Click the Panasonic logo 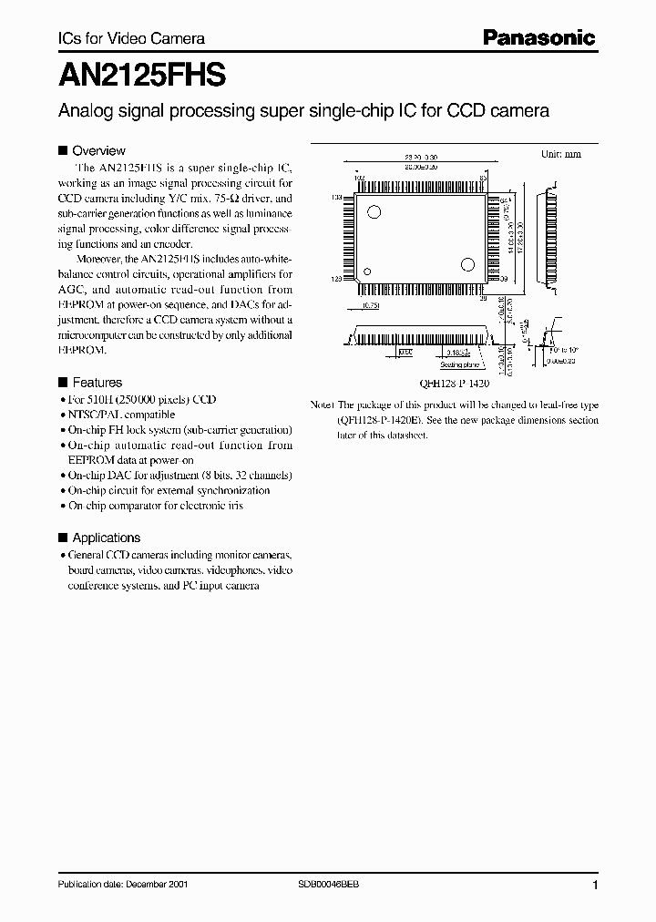click(538, 38)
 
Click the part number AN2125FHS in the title click(132, 74)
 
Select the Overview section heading click(98, 151)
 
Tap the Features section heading click(97, 383)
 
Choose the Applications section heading click(106, 538)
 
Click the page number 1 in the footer click(595, 885)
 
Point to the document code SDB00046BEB click(330, 885)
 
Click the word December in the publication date click(147, 885)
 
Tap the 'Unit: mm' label click(561, 155)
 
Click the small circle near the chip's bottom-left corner click(367, 271)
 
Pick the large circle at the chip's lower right click(467, 265)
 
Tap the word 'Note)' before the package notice click(323, 405)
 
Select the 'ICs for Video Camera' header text click(118, 38)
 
